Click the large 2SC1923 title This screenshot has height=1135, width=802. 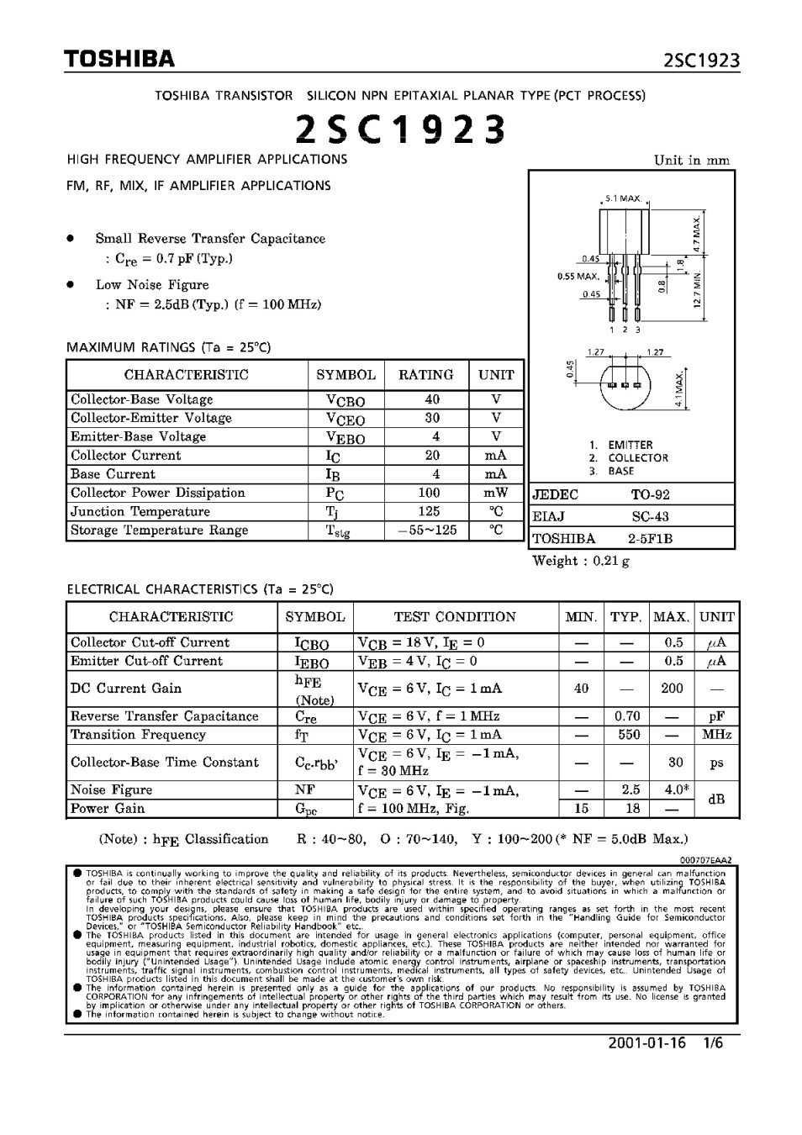[400, 129]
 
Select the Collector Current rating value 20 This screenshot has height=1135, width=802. [431, 455]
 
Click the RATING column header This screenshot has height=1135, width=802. [425, 375]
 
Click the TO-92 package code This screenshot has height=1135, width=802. [651, 494]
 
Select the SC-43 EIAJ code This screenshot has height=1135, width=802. [651, 516]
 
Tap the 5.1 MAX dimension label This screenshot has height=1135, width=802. [622, 199]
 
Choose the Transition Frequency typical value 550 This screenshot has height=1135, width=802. [628, 735]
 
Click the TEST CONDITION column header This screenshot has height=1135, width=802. [455, 617]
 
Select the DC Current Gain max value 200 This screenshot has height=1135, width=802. [672, 688]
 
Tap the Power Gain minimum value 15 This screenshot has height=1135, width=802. [581, 809]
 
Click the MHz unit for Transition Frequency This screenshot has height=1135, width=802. [717, 735]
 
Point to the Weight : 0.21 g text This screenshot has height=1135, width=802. [581, 561]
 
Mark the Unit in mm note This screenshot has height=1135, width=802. [691, 161]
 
